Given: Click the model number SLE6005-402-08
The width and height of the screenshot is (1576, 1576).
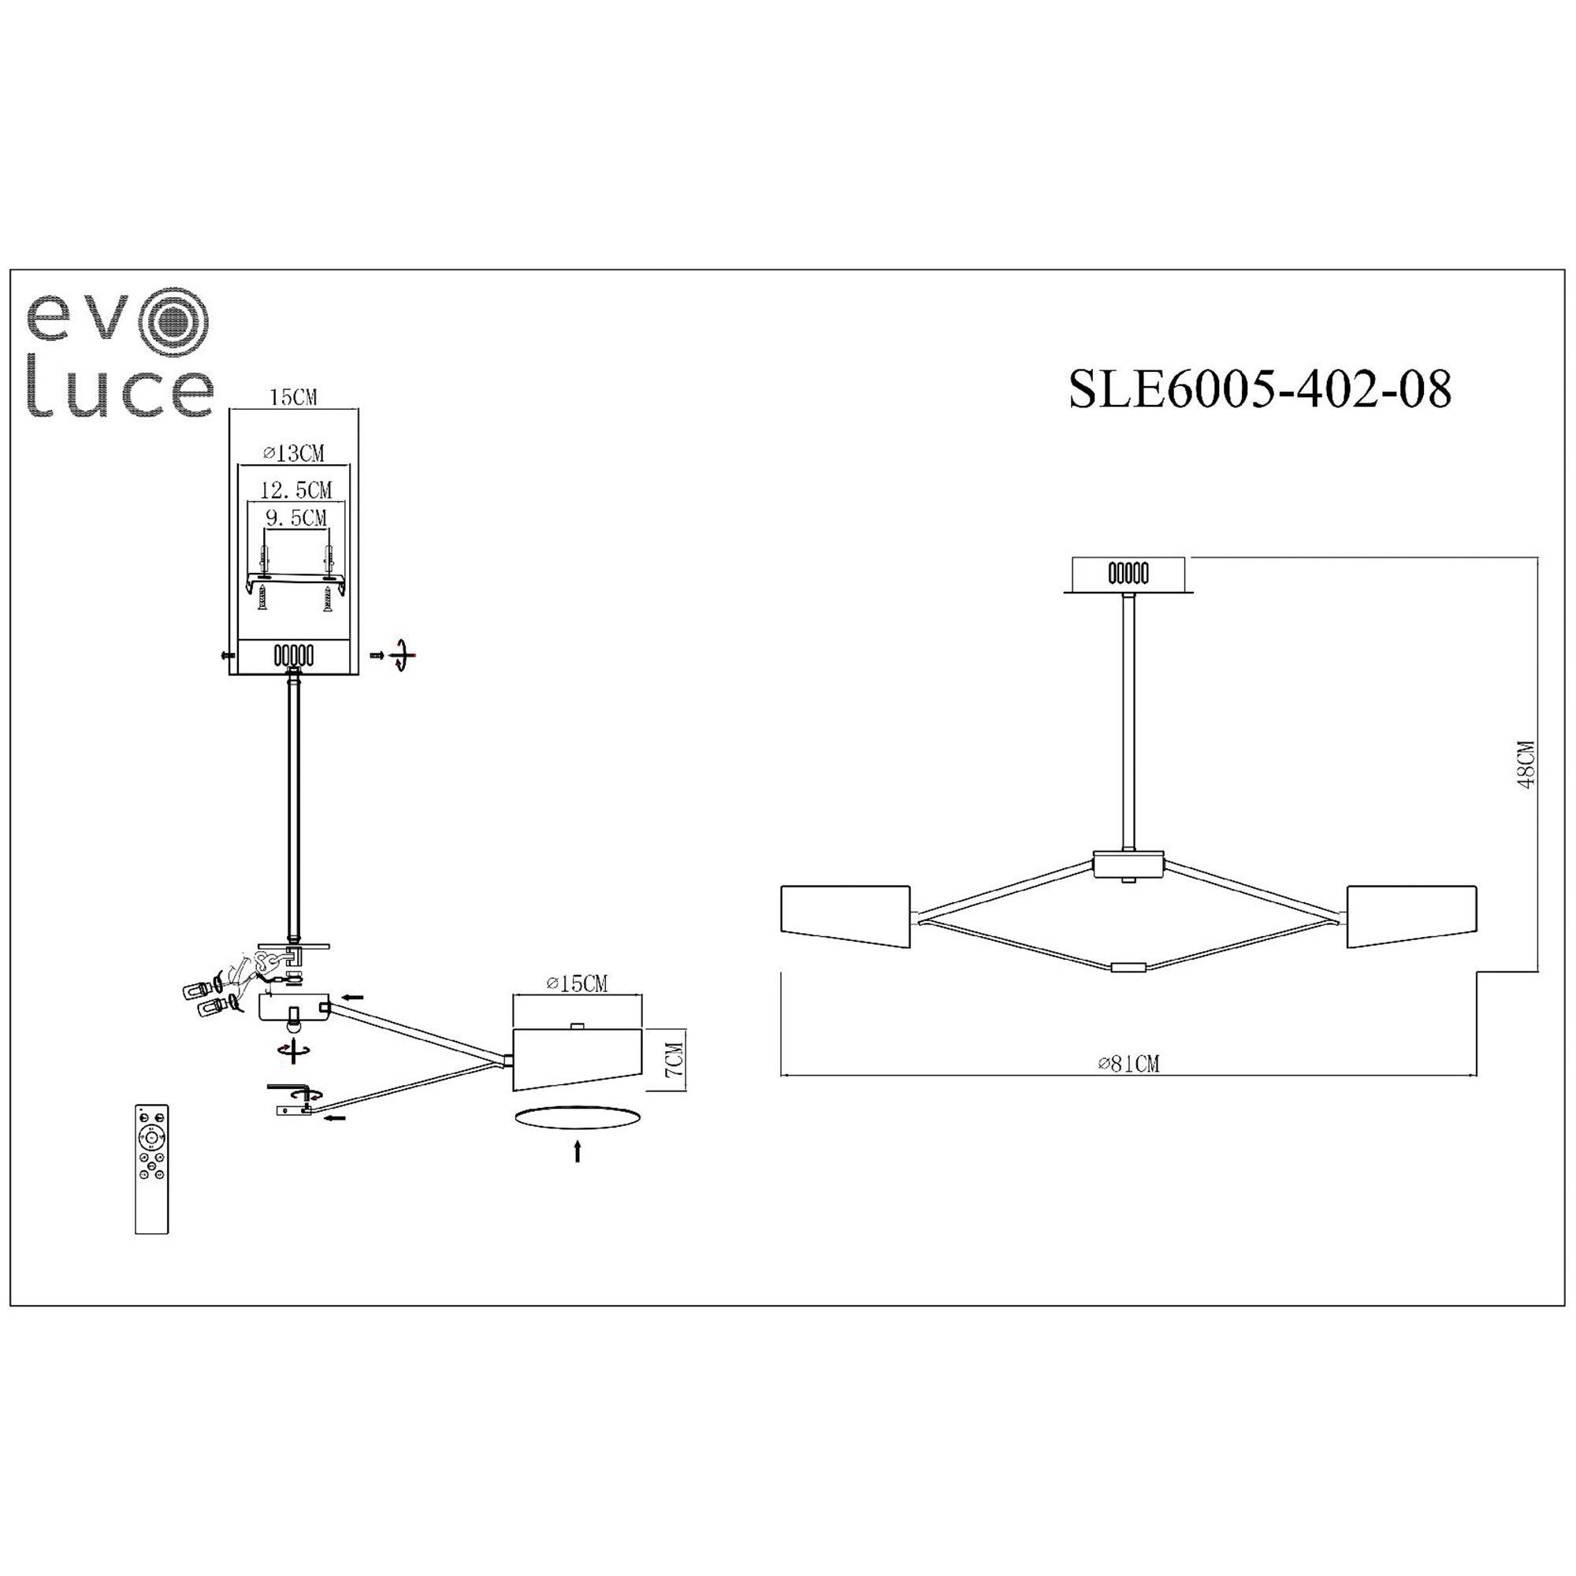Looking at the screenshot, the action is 1260,389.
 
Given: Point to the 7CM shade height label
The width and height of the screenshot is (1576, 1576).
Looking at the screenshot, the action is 674,1058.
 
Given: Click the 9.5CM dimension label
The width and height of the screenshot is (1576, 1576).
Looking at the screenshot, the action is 296,517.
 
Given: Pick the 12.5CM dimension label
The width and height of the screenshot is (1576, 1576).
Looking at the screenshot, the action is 296,490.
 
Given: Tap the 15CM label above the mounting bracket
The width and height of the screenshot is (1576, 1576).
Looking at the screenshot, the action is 293,397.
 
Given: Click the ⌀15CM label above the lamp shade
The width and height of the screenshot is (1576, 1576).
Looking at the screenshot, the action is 577,983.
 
